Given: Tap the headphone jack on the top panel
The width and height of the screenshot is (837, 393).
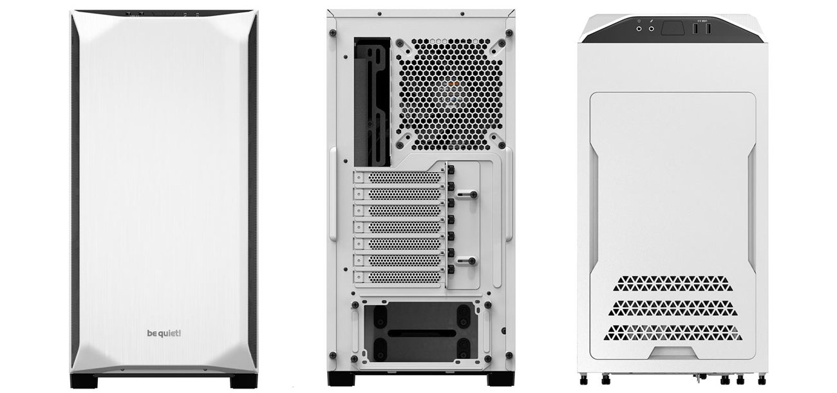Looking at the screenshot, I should coord(639,28).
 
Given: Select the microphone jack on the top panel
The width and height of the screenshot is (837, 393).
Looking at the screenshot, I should coord(652,28).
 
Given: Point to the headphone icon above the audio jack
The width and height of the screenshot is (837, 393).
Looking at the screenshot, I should coord(639,21).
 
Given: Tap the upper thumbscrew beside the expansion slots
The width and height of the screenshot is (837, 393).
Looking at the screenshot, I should coord(471,193).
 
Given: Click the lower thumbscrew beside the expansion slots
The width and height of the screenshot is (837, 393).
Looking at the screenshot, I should coord(471,260).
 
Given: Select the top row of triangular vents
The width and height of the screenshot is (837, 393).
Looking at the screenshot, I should coord(672,283).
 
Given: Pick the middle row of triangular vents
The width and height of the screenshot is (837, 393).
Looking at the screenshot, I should coord(672,307).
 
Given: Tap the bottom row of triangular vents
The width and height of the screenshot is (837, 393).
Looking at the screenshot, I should coord(672,332).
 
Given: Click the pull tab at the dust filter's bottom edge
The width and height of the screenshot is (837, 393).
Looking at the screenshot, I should coord(672,352).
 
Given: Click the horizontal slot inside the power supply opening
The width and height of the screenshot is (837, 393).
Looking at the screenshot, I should coord(418,334).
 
